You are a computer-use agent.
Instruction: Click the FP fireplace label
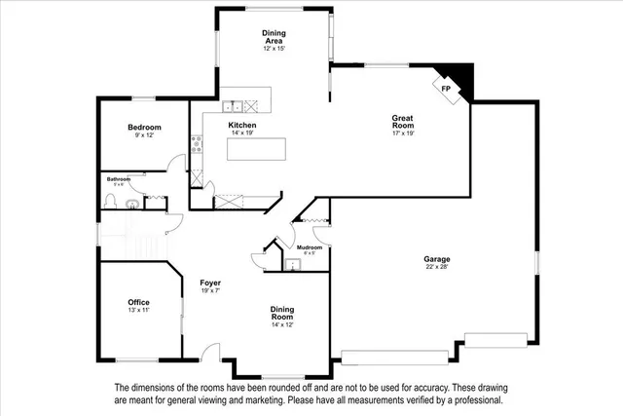click(447, 89)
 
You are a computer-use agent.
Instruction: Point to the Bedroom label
click(144, 128)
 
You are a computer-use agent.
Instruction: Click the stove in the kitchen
click(198, 144)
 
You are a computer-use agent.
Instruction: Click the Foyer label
click(210, 283)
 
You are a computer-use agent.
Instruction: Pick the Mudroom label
click(310, 247)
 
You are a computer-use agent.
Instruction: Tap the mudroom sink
click(290, 262)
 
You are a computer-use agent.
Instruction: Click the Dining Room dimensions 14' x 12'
click(282, 324)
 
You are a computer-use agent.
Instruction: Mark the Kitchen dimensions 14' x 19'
click(242, 133)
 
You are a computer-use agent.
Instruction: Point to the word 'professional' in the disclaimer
click(468, 400)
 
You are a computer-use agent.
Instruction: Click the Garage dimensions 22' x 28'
click(436, 267)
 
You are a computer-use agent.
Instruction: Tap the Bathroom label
click(120, 178)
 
